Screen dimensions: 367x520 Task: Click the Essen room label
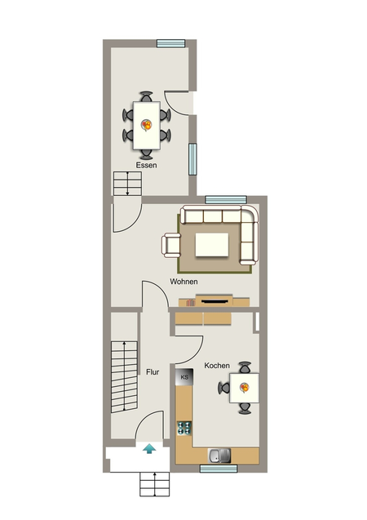point(146,165)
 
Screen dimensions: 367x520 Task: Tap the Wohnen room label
point(183,282)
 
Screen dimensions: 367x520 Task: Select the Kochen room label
point(217,366)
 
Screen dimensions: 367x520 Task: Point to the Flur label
point(153,372)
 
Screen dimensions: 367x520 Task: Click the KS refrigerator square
point(184,377)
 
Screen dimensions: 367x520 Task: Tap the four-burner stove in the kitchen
point(184,428)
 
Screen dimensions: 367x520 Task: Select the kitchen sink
point(219,456)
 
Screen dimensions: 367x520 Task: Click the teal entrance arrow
point(149,449)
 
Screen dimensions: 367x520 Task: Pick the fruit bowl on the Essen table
point(147,125)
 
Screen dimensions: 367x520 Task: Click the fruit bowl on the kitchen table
point(245,387)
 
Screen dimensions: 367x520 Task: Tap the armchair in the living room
point(171,246)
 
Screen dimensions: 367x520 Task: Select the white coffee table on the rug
point(212,245)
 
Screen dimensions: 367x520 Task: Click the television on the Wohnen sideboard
point(214,301)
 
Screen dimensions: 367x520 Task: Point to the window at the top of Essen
point(171,43)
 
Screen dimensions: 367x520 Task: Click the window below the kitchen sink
point(219,469)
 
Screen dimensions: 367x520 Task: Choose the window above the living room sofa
point(226,200)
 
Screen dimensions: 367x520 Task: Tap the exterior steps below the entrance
point(155,484)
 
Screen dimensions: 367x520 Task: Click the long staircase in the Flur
point(124,377)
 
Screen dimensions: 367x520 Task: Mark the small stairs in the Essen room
point(127,184)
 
